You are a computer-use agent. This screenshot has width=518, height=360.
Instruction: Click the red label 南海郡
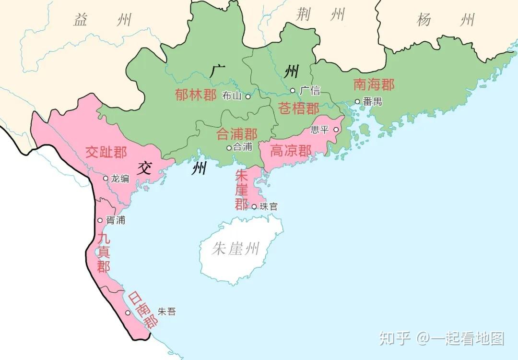[x=374, y=85]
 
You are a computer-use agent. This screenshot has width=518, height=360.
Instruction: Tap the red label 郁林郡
[x=196, y=95]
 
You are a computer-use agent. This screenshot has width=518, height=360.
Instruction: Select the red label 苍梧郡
[x=299, y=108]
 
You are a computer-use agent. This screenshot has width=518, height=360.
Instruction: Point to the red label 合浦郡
[x=237, y=134]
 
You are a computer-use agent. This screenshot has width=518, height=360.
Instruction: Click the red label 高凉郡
[x=291, y=151]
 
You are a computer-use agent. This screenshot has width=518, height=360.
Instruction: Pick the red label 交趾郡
[x=106, y=153]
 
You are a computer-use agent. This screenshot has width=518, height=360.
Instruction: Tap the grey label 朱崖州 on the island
[x=235, y=249]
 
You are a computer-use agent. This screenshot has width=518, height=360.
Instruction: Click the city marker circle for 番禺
[x=357, y=101]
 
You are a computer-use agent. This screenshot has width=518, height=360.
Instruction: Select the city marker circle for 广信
[x=293, y=90]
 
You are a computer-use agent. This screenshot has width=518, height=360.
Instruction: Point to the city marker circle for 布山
[x=248, y=96]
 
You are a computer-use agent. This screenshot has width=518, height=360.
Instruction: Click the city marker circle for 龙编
[x=106, y=178]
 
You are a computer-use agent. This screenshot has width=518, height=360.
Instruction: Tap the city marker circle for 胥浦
[x=100, y=220]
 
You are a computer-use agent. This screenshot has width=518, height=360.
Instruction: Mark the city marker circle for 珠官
[x=254, y=207]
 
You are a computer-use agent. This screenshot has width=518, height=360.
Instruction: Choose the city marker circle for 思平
[x=336, y=129]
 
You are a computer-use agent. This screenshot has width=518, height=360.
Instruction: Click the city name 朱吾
[x=166, y=312]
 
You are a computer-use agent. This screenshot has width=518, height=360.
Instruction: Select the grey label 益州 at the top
[x=102, y=20]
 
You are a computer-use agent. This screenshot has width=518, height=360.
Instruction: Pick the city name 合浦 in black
[x=242, y=147]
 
